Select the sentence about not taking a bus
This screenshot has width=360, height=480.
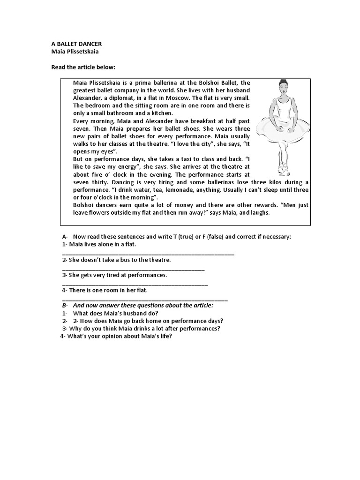click(x=117, y=260)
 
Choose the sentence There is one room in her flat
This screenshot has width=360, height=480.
click(x=105, y=290)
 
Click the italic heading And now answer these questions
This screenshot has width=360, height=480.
click(x=142, y=305)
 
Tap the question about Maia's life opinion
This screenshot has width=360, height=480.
click(x=117, y=336)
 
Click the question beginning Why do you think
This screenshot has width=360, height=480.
click(x=141, y=328)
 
